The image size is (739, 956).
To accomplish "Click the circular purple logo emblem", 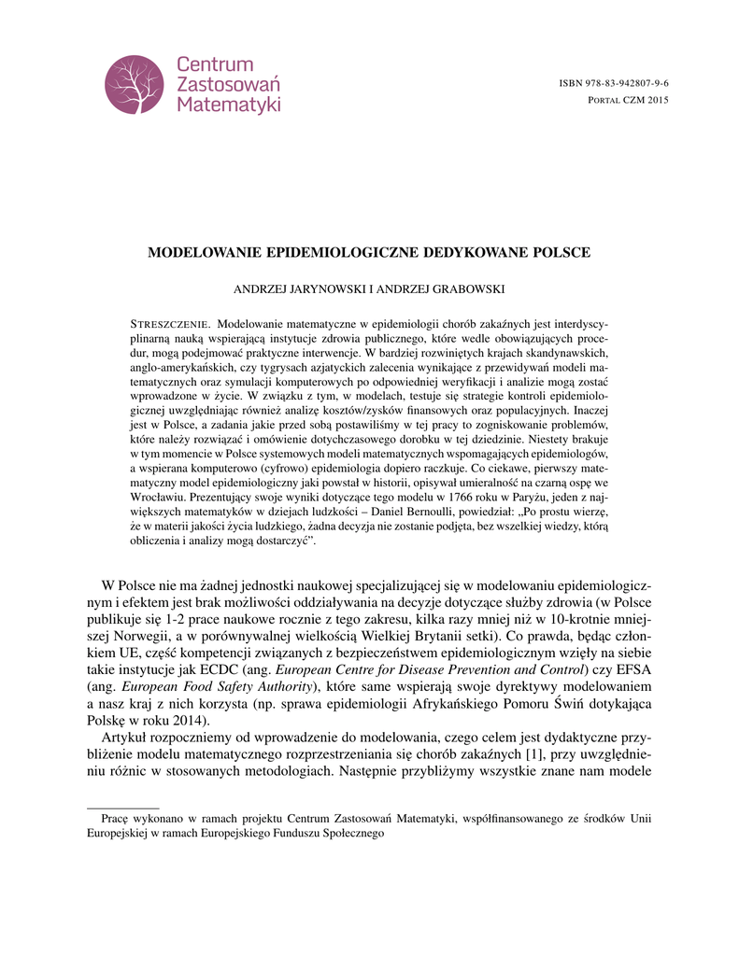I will (x=135, y=85).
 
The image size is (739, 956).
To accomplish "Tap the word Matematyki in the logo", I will (x=229, y=105).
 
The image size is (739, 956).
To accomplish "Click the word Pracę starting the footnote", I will (x=113, y=819).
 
